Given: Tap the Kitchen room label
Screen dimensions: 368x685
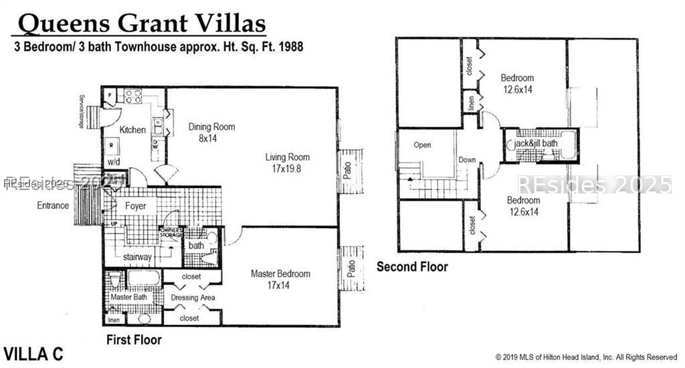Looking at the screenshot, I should click(x=132, y=130).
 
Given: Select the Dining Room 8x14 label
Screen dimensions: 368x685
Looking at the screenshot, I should click(x=211, y=132).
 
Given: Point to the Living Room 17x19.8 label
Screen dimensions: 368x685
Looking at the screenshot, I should click(x=288, y=163).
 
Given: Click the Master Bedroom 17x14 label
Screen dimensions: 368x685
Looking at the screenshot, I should click(x=280, y=279).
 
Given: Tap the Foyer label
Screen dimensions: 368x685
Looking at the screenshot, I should click(x=136, y=206).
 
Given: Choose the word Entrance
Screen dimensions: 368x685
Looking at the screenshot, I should click(x=53, y=205).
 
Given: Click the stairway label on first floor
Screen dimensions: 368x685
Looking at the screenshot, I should click(x=137, y=256).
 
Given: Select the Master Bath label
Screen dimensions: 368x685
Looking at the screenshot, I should click(x=129, y=297).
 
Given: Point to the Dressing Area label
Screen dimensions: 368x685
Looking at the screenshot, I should click(x=193, y=298).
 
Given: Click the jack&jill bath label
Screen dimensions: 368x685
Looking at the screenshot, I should click(x=535, y=144).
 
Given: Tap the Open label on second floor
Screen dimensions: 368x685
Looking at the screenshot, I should click(x=422, y=145).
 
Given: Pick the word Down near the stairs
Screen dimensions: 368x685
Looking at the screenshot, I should click(x=467, y=160).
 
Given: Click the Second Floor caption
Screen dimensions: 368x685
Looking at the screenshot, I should click(x=412, y=267).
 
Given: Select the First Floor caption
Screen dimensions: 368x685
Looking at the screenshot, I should click(x=134, y=340).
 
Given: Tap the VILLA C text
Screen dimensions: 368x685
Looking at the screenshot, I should click(x=33, y=354).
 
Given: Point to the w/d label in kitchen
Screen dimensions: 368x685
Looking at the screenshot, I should click(x=113, y=162).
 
